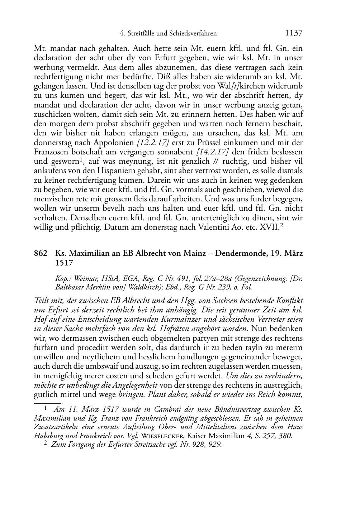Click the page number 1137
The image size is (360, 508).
pyautogui.click(x=294, y=33)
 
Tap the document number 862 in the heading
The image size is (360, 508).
pyautogui.click(x=40, y=253)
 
